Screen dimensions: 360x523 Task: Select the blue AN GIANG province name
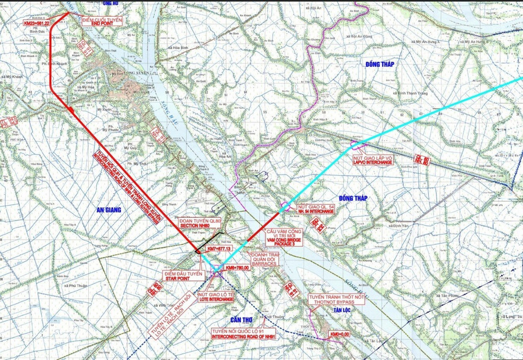coord(105,210)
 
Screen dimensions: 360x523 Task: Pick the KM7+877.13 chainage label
coord(218,248)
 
